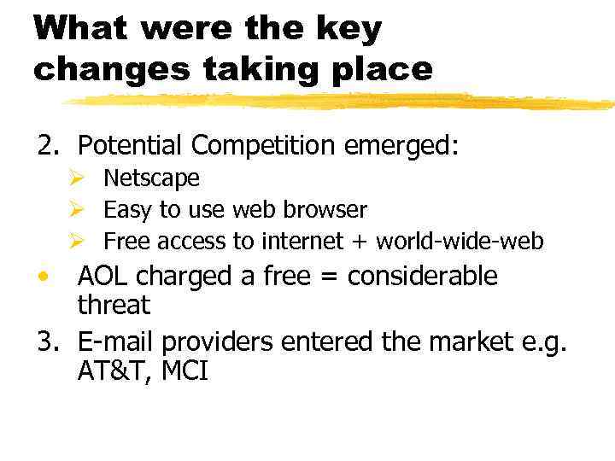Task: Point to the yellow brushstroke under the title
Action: [342, 102]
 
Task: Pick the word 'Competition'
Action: [264, 147]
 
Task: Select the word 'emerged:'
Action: [402, 147]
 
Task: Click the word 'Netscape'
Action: [151, 178]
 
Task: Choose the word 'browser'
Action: [331, 210]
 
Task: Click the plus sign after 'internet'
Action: [358, 242]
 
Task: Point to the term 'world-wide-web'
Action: [460, 242]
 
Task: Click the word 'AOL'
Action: [103, 276]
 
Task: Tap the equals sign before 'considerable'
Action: [332, 276]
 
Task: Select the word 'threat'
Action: [114, 305]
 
